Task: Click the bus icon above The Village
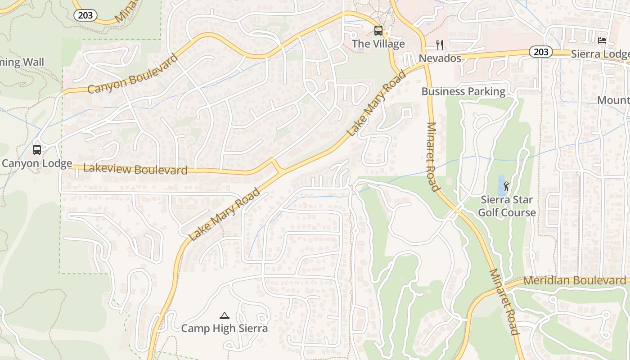[x=378, y=31]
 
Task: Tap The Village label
[x=378, y=44]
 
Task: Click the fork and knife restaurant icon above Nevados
[x=440, y=45]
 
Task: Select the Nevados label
[x=440, y=58]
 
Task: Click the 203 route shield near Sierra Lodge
[x=540, y=52]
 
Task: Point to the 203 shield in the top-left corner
[x=85, y=15]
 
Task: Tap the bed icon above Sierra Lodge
[x=602, y=40]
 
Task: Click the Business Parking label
[x=463, y=91]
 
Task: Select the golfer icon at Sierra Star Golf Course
[x=507, y=186]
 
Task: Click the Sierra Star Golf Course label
[x=507, y=206]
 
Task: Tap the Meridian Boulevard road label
[x=575, y=280]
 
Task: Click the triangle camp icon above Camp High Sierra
[x=224, y=315]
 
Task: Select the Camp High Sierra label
[x=224, y=328]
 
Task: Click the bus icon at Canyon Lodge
[x=37, y=150]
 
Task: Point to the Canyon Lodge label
[x=37, y=163]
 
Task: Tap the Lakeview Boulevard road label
[x=135, y=169]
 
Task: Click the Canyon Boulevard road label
[x=133, y=74]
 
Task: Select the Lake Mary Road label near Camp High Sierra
[x=224, y=215]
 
